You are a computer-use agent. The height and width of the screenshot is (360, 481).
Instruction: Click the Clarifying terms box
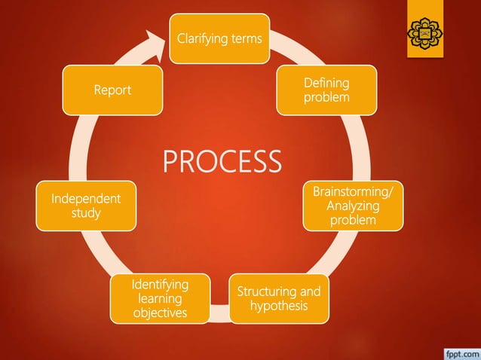[219, 38]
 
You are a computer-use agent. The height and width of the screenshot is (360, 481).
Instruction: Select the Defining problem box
[326, 90]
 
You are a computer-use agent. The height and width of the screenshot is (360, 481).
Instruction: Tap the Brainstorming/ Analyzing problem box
[353, 205]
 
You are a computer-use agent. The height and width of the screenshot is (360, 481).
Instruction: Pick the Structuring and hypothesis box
[279, 298]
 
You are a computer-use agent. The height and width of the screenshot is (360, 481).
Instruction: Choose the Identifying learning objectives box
[160, 298]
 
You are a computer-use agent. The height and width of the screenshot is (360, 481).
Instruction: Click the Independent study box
[86, 206]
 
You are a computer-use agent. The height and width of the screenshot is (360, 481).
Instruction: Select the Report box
[112, 90]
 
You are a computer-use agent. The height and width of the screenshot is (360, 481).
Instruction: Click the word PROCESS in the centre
[222, 161]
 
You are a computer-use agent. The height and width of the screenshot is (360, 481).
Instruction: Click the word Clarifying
[202, 38]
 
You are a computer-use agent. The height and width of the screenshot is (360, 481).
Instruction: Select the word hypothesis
[279, 306]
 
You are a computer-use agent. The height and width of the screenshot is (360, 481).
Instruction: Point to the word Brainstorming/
[353, 192]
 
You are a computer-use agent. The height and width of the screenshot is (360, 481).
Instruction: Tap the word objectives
[160, 312]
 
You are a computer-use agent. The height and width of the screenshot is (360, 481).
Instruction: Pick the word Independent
[86, 199]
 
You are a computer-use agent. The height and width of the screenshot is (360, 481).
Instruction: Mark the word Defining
[326, 83]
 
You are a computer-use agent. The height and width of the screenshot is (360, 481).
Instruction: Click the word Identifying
[160, 285]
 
